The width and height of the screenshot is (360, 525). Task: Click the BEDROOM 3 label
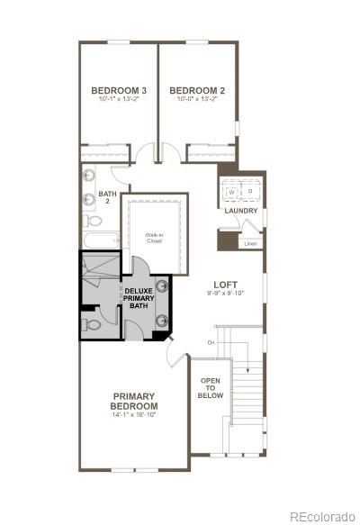click(x=119, y=90)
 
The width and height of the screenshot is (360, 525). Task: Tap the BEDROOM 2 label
click(x=196, y=90)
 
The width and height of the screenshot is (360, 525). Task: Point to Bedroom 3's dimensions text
click(x=119, y=99)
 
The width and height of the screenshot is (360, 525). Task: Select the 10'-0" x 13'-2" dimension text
click(x=196, y=99)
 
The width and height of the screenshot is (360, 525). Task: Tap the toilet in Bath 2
click(x=94, y=219)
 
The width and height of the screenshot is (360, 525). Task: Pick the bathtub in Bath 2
click(x=100, y=240)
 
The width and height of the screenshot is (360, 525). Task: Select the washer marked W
click(x=231, y=192)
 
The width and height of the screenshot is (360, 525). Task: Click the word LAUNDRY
click(x=241, y=212)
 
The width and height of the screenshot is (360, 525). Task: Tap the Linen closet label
click(x=250, y=243)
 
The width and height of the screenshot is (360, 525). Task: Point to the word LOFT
click(x=226, y=284)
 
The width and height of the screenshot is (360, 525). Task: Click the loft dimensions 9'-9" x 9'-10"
click(x=226, y=294)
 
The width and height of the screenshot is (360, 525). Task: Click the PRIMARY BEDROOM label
click(x=134, y=401)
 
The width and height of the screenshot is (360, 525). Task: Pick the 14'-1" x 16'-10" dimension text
click(x=134, y=415)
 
